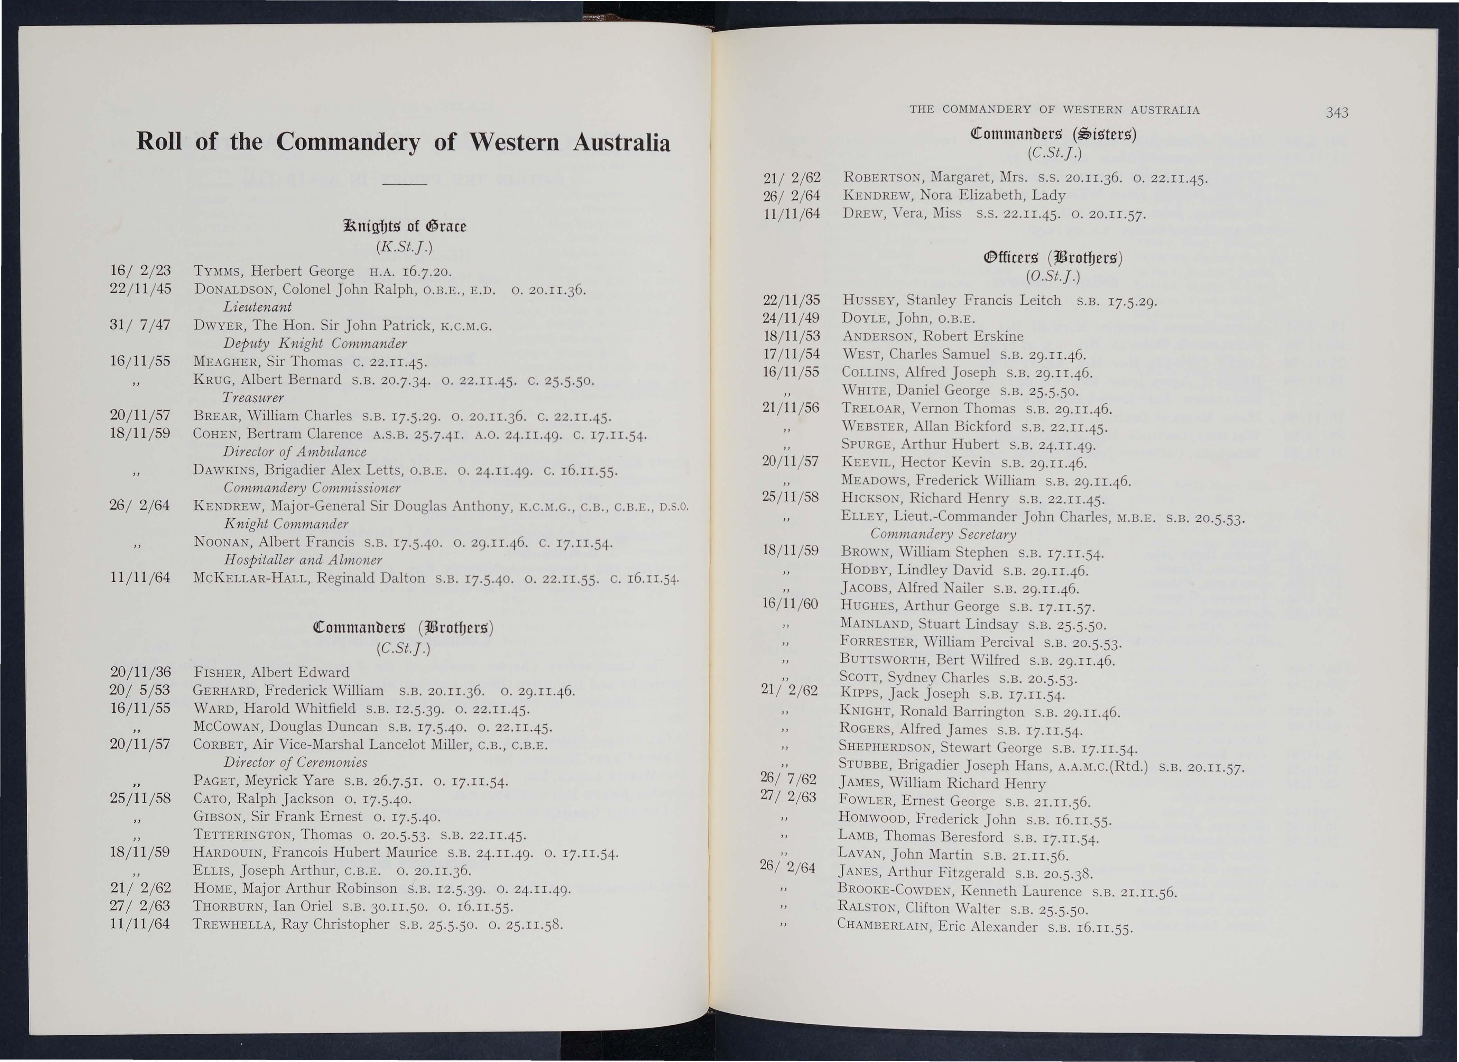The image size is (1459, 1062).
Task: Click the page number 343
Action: pyautogui.click(x=1336, y=113)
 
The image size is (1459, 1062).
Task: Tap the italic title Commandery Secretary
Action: pyautogui.click(x=943, y=535)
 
